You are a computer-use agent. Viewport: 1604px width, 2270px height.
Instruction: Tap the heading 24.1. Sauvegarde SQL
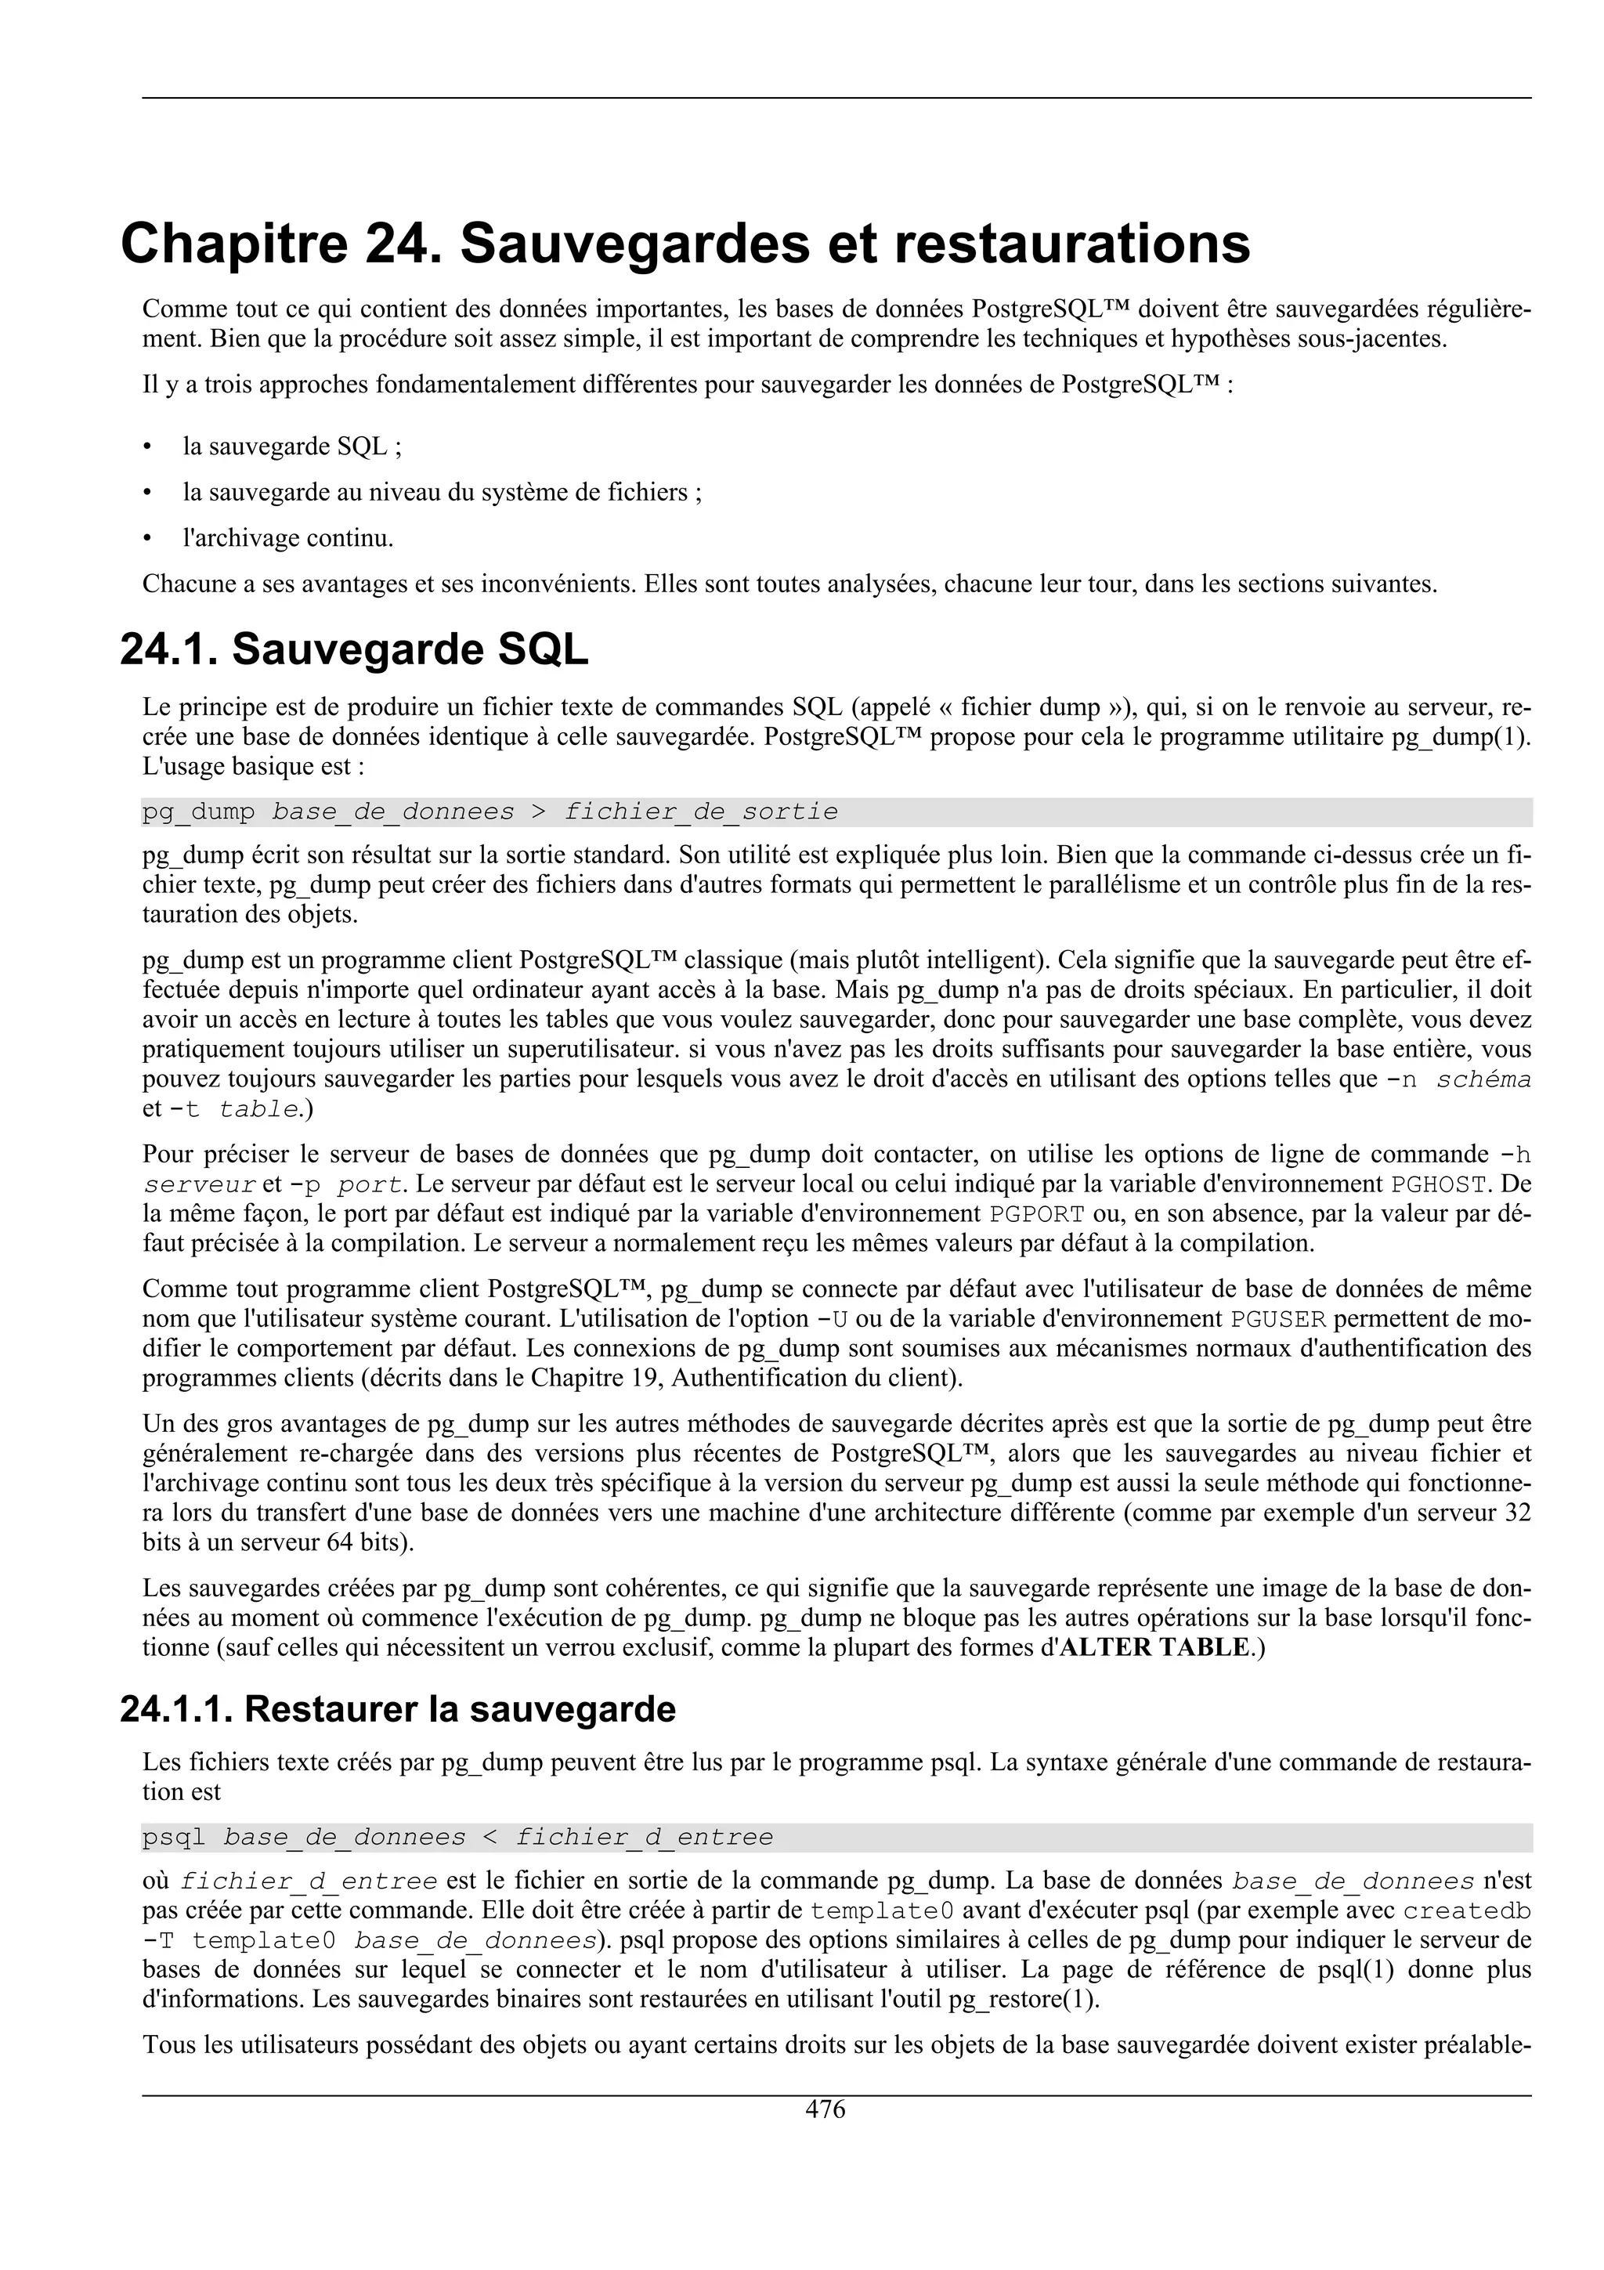tap(354, 649)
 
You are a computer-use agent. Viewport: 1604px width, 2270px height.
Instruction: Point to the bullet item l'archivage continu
tap(287, 539)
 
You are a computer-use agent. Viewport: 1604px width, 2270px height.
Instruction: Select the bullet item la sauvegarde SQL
tap(291, 447)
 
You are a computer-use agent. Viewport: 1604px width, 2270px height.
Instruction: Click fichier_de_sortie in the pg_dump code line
tap(701, 813)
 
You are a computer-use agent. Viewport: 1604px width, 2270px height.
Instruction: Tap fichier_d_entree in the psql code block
tap(645, 1838)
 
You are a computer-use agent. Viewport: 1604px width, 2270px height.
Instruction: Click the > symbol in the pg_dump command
tap(539, 813)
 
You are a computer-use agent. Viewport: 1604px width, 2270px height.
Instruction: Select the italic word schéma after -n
tap(1483, 1079)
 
